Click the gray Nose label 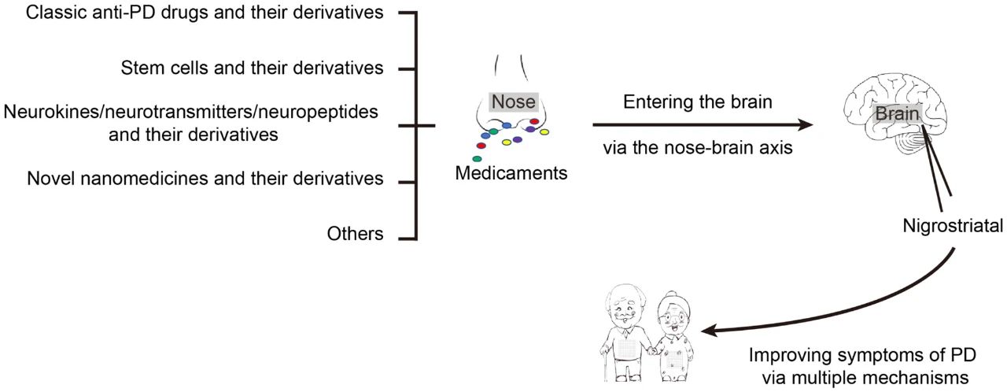coord(513,102)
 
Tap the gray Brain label coord(898,113)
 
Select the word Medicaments coord(511,172)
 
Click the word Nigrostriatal coord(953,227)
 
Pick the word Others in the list coord(356,234)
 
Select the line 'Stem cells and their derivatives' coord(253,68)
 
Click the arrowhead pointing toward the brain coord(806,124)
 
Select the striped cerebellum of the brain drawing coord(913,142)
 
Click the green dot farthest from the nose coord(477,159)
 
